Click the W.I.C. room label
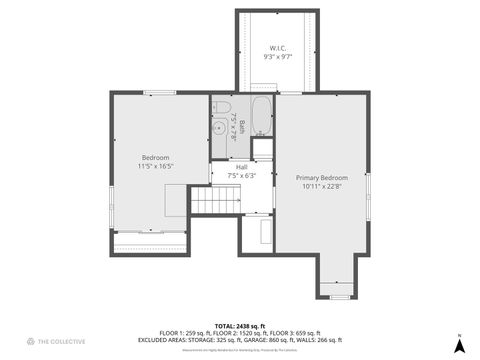(277, 48)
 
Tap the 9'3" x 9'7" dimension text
(277, 57)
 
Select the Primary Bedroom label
(320, 177)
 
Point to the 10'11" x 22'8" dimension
(320, 186)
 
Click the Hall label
(241, 167)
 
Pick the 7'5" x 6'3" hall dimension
(241, 176)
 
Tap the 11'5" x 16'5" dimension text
(155, 167)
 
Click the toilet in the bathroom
(223, 107)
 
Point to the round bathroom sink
(220, 127)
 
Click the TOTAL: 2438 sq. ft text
(240, 325)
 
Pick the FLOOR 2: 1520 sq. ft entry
(232, 333)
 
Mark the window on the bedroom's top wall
(160, 93)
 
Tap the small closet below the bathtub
(262, 149)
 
